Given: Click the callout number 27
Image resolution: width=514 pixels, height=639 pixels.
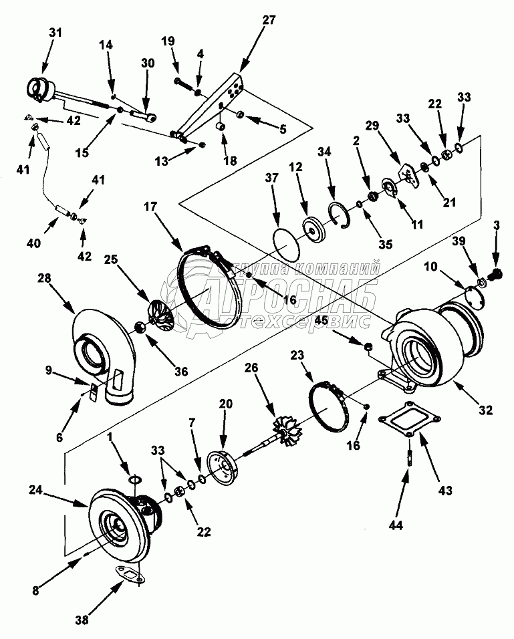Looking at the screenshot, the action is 269,20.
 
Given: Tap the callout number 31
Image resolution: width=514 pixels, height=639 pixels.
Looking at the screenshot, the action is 55,33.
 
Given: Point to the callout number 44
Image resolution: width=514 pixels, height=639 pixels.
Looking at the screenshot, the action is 395,526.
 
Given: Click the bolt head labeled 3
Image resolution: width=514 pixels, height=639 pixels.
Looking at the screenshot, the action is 495,273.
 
